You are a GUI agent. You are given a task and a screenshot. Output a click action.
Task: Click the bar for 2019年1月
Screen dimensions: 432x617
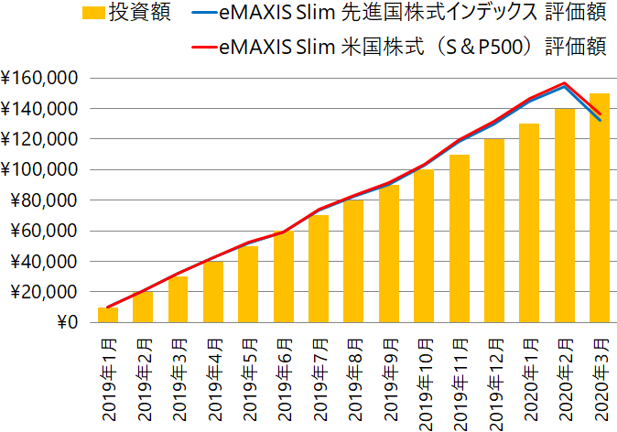pos(108,315)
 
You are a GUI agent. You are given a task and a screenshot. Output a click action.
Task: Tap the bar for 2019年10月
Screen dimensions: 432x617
pos(424,246)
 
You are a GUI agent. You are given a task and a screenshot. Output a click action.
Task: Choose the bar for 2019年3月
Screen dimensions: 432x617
pos(179,299)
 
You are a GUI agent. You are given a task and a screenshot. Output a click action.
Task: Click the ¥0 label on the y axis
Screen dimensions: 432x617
pos(66,322)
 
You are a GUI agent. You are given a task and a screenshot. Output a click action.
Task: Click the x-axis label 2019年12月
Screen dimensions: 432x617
pos(495,379)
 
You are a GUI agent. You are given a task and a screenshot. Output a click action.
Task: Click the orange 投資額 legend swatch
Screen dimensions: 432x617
pos(92,14)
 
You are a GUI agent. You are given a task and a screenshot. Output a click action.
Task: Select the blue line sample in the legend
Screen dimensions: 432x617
pos(201,14)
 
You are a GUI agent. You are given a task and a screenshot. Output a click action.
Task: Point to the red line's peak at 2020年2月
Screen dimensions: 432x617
pos(565,83)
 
